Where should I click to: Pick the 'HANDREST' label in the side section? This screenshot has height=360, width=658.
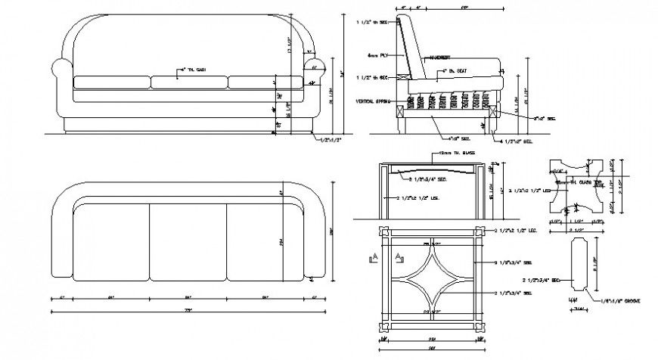pyautogui.click(x=441, y=57)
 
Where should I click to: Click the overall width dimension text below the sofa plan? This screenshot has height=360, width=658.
pyautogui.click(x=188, y=310)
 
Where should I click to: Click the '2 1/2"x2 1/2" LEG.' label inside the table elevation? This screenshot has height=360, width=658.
pyautogui.click(x=418, y=198)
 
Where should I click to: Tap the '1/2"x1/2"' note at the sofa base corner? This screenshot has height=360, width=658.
pyautogui.click(x=331, y=139)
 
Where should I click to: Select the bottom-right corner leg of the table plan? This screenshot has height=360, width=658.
pyautogui.click(x=478, y=325)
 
